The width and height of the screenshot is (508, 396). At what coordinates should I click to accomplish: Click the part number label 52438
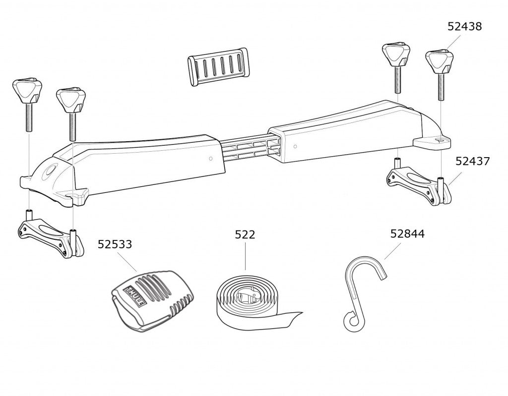tap(464, 27)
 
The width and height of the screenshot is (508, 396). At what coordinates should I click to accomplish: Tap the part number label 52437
tap(473, 161)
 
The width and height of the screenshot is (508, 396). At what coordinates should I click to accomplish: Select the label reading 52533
tap(115, 244)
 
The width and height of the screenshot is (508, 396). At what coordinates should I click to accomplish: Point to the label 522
tap(245, 234)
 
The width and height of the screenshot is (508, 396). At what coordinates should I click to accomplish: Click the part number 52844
tap(407, 234)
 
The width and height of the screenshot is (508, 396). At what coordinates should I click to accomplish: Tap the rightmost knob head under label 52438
tap(440, 60)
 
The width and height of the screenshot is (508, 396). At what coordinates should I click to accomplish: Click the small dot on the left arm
tap(211, 159)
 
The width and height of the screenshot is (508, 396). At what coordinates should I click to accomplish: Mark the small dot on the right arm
tap(296, 147)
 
